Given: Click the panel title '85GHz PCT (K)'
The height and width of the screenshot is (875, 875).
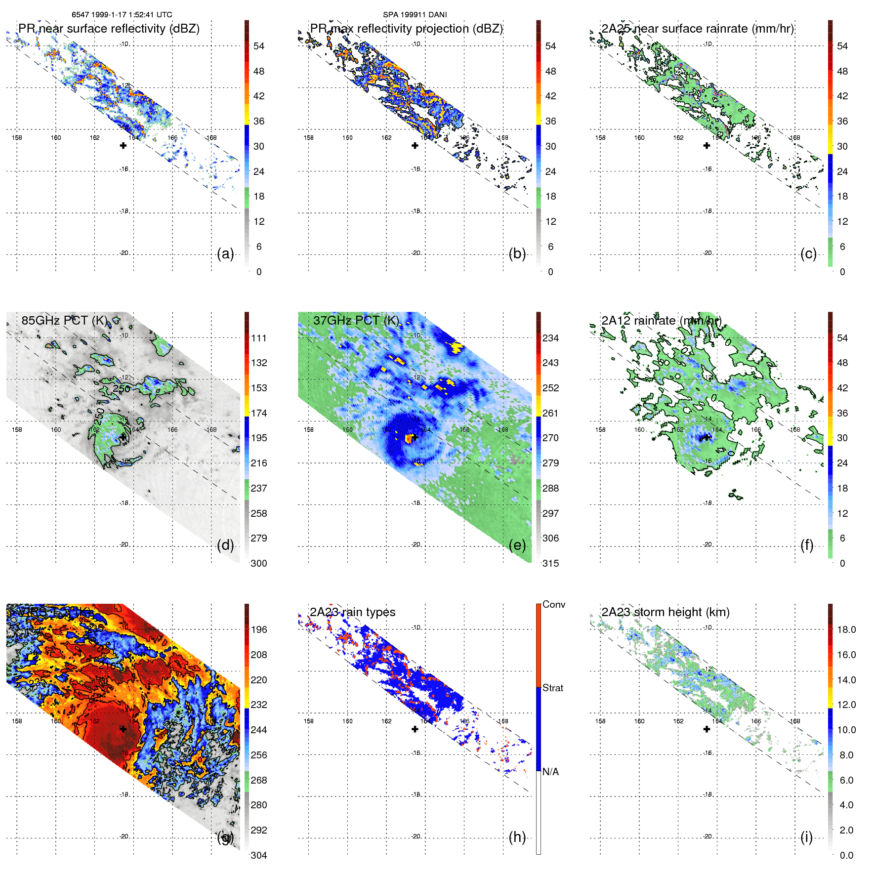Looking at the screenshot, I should [x=64, y=320].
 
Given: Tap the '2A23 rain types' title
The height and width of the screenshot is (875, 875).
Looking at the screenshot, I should [x=352, y=612].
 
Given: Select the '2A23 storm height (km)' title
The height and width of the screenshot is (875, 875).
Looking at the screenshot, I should [x=665, y=612].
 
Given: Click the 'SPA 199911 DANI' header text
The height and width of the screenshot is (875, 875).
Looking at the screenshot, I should [x=415, y=15].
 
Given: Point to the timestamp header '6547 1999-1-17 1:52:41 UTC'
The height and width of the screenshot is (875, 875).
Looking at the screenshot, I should [x=122, y=15].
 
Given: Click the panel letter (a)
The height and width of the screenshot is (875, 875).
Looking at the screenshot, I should [x=225, y=254].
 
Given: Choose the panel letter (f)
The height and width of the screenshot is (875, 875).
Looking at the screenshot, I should [x=807, y=545].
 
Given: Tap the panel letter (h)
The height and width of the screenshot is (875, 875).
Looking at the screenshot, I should [x=517, y=837].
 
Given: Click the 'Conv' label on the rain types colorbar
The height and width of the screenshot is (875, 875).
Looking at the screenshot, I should [x=553, y=604].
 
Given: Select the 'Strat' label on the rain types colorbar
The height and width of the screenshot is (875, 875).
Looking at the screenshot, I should [x=552, y=688].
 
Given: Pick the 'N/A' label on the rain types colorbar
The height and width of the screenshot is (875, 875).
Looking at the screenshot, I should [x=550, y=772].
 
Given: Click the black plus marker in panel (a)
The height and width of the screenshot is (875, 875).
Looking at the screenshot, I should [x=123, y=145].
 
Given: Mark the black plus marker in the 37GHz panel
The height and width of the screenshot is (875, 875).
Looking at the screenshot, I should [x=415, y=437].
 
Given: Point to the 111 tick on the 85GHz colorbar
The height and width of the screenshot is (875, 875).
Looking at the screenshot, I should [x=258, y=338].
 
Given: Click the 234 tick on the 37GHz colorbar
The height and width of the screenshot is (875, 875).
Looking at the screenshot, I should [x=550, y=338].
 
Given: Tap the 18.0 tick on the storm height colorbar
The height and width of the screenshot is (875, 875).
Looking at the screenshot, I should [x=846, y=629].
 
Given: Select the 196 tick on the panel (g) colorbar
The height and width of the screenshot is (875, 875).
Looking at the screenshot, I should [x=258, y=629].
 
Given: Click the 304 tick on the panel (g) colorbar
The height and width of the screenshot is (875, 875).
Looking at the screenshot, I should [x=258, y=855].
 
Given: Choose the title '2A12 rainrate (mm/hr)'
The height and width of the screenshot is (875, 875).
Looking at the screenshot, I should [x=661, y=320].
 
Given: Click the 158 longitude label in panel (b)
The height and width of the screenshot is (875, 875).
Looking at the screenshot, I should [x=309, y=138].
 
